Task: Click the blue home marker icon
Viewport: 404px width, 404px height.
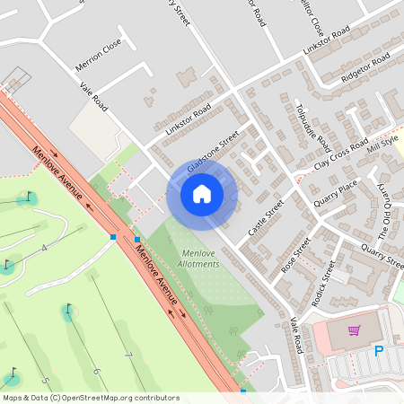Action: click(202, 192)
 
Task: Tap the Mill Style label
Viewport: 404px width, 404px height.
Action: click(383, 147)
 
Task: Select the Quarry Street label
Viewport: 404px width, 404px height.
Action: click(382, 254)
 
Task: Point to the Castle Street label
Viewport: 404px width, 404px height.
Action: click(266, 218)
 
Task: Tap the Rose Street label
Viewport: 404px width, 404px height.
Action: click(294, 254)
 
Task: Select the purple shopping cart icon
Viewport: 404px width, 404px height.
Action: click(354, 330)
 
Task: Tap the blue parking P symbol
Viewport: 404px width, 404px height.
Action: click(378, 351)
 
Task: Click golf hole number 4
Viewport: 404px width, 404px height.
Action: click(42, 248)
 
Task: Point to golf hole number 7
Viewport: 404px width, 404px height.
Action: click(128, 357)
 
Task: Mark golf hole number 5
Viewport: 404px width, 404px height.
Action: click(45, 381)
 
